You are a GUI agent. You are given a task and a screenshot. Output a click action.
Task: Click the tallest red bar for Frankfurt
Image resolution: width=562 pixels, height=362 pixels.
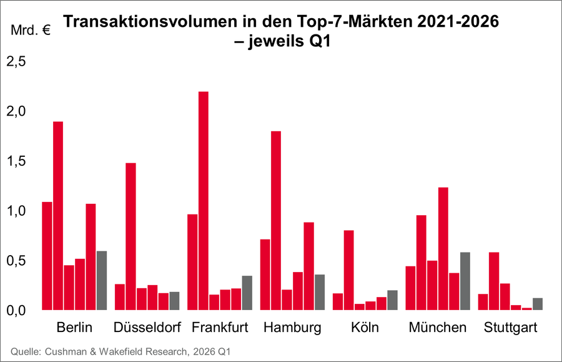click(203, 201)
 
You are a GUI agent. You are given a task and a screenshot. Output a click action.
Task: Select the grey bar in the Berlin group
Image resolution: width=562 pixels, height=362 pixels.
click(101, 280)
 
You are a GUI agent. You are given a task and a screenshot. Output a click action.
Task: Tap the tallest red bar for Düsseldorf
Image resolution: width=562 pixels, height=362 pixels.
click(131, 236)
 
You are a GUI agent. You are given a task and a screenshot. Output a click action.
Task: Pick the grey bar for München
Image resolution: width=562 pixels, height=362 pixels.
click(465, 281)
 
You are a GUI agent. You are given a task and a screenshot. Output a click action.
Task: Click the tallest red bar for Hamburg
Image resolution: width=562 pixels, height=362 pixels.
click(276, 220)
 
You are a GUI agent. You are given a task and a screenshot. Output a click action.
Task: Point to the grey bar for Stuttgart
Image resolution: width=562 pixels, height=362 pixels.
click(538, 303)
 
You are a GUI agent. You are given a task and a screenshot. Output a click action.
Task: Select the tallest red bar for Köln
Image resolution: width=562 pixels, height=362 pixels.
click(348, 270)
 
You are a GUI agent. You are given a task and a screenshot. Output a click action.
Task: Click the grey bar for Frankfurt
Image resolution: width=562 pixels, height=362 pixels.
click(247, 293)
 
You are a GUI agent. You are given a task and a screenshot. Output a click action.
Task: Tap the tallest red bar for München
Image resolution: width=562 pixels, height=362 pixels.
click(443, 248)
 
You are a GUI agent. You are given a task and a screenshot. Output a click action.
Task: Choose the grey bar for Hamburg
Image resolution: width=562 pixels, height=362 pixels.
click(320, 292)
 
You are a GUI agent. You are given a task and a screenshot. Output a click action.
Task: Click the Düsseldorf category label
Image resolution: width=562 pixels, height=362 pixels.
click(147, 328)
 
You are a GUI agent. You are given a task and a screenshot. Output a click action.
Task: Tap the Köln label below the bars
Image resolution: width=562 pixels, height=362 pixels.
click(365, 328)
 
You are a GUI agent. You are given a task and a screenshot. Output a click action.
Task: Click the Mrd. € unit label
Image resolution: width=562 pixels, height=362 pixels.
click(31, 29)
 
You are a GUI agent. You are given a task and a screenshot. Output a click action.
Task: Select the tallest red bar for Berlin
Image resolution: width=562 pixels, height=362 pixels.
click(57, 216)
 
